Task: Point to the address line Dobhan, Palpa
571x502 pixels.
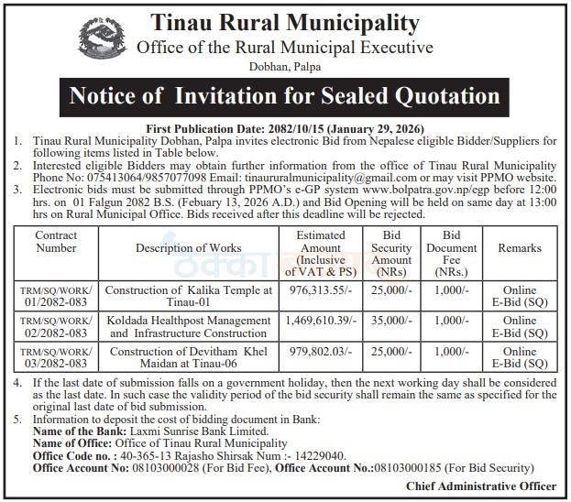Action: coord(284,66)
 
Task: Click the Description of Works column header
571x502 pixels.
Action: coord(189,247)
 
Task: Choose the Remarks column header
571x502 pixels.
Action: coord(520,247)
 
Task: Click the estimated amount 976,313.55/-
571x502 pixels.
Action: coord(321,289)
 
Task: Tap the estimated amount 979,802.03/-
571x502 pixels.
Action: coord(321,352)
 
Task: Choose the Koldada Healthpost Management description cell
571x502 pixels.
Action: coord(189,326)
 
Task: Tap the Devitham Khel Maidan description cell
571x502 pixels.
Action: coord(189,357)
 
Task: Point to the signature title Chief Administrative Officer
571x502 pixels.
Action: coord(480,486)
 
